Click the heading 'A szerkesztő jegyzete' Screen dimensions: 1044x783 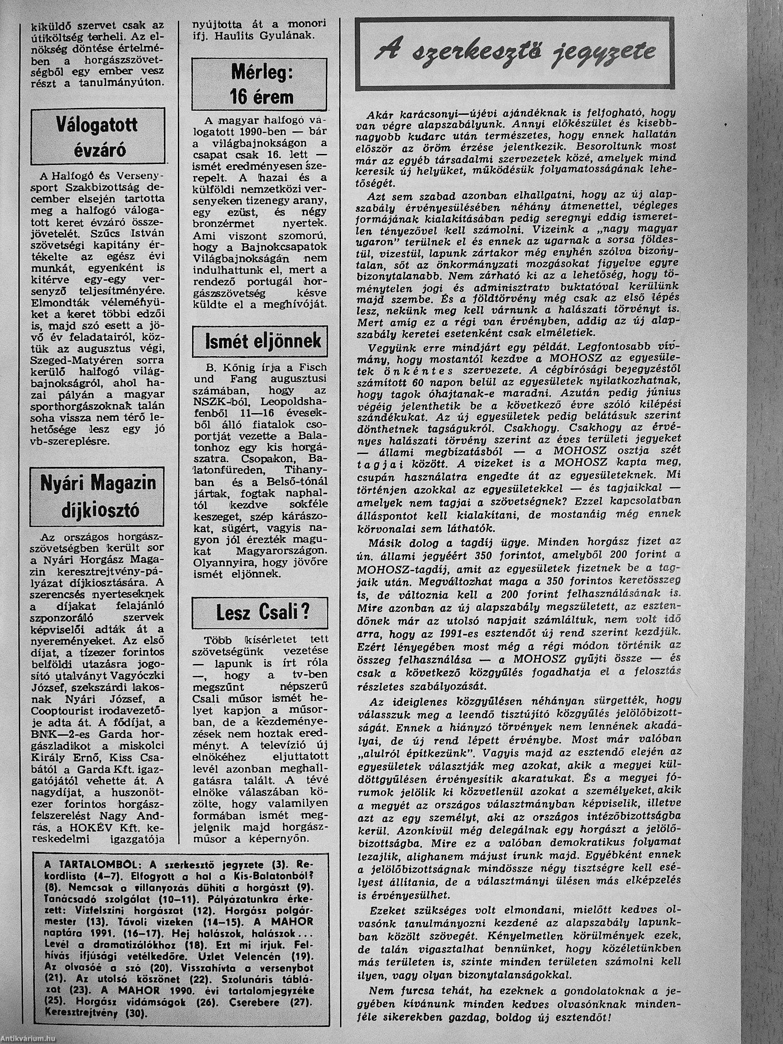pyautogui.click(x=515, y=53)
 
